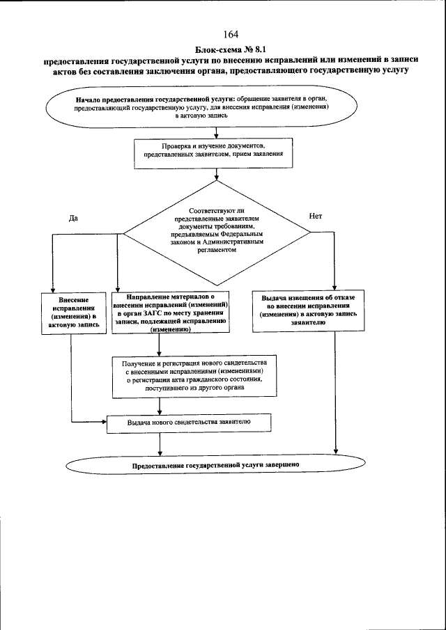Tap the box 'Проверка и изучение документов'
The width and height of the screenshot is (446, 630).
213,151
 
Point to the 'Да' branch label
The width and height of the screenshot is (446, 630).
73,217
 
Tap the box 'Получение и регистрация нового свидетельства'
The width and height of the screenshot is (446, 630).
194,377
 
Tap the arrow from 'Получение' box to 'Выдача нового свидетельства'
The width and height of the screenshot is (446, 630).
160,405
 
